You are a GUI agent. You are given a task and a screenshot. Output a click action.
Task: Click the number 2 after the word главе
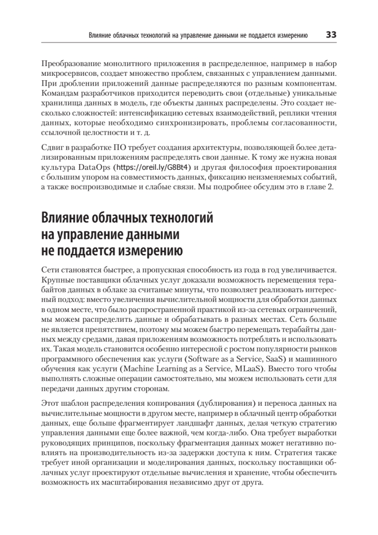(x=330, y=186)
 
